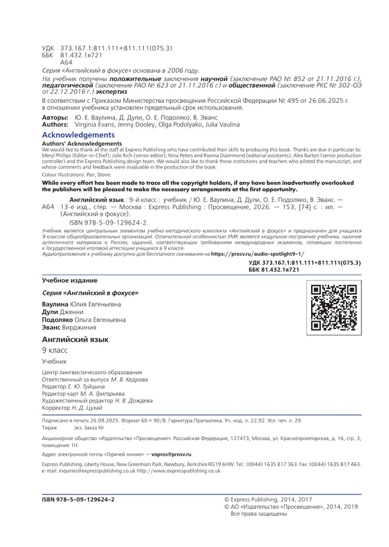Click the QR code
pos(334,307)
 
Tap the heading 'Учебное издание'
pos(69,280)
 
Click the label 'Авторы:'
pos(55,118)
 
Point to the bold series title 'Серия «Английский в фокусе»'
pos(90,293)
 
